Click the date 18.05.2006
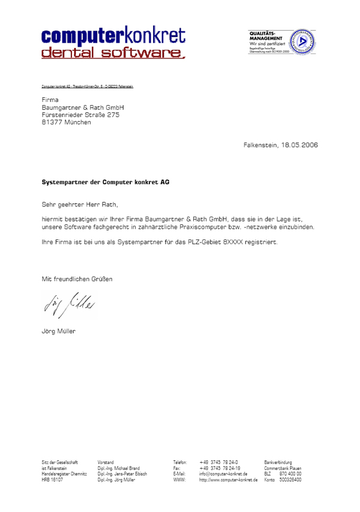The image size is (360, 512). pyautogui.click(x=299, y=145)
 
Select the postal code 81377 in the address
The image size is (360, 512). pyautogui.click(x=51, y=122)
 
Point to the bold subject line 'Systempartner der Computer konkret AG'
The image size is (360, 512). pyautogui.click(x=105, y=181)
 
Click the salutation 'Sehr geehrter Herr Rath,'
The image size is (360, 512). pyautogui.click(x=76, y=204)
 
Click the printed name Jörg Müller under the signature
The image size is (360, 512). pyautogui.click(x=59, y=331)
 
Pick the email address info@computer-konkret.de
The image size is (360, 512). pyautogui.click(x=223, y=474)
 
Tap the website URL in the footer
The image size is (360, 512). pyautogui.click(x=228, y=480)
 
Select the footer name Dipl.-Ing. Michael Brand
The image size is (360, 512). pyautogui.click(x=118, y=468)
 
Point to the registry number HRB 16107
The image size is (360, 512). pyautogui.click(x=52, y=480)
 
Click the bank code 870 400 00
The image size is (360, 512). pyautogui.click(x=290, y=474)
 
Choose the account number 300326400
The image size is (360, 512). pyautogui.click(x=290, y=480)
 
